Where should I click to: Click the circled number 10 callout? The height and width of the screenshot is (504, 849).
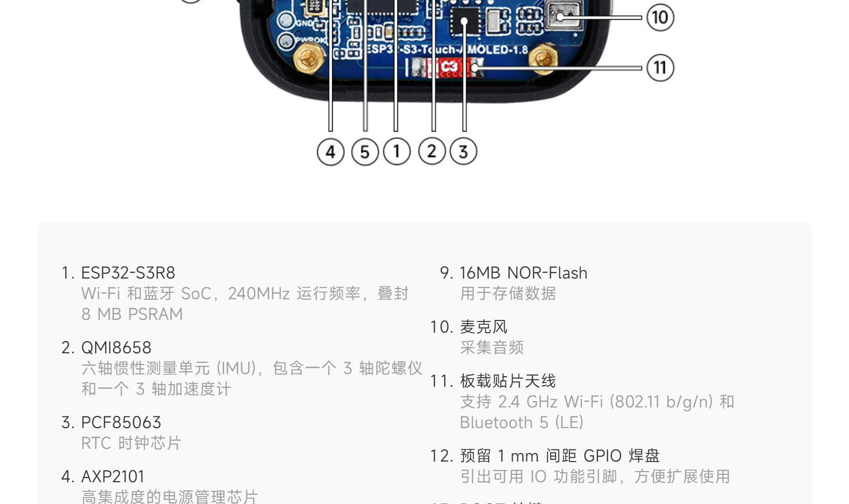coord(660,18)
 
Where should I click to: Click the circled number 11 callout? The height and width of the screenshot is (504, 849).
coord(660,68)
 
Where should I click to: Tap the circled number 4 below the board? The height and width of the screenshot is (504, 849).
coord(331,152)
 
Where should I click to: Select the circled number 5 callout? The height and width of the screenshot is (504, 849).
coord(365,152)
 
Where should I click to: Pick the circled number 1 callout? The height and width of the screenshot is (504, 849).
coord(397,152)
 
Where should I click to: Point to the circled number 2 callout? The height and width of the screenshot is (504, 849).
coord(432,152)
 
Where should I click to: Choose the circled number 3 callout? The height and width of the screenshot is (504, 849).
coord(463,152)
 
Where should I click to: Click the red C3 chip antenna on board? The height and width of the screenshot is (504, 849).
coord(448,67)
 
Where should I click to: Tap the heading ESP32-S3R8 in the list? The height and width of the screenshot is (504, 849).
coord(128,273)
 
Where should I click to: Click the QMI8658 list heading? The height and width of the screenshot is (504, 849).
coord(116,347)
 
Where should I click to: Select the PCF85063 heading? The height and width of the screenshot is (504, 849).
coord(121,422)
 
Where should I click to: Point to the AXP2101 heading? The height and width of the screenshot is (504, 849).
coord(112,476)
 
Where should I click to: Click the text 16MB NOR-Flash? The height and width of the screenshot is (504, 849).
coord(523,273)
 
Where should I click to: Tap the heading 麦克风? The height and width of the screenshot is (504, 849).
coord(483,327)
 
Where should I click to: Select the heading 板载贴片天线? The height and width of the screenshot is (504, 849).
coord(508,381)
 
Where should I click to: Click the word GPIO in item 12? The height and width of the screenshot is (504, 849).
coord(602,456)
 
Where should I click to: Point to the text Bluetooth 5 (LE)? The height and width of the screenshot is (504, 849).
coord(522,422)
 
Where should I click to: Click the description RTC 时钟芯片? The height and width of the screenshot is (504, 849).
coord(131,443)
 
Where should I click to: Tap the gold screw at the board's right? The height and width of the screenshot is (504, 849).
coord(542,58)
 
